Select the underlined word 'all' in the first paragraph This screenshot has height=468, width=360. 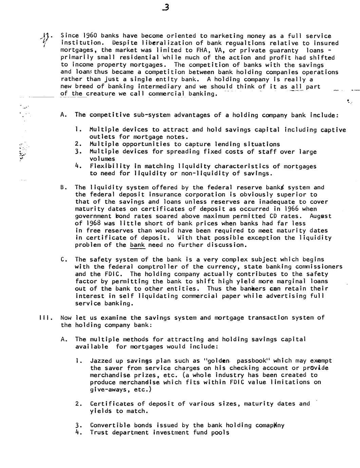click(297, 86)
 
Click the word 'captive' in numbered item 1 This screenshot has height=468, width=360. click(332, 130)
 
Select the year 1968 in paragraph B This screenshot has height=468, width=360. click(92, 223)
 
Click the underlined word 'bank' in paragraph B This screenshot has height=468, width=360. click(137, 245)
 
